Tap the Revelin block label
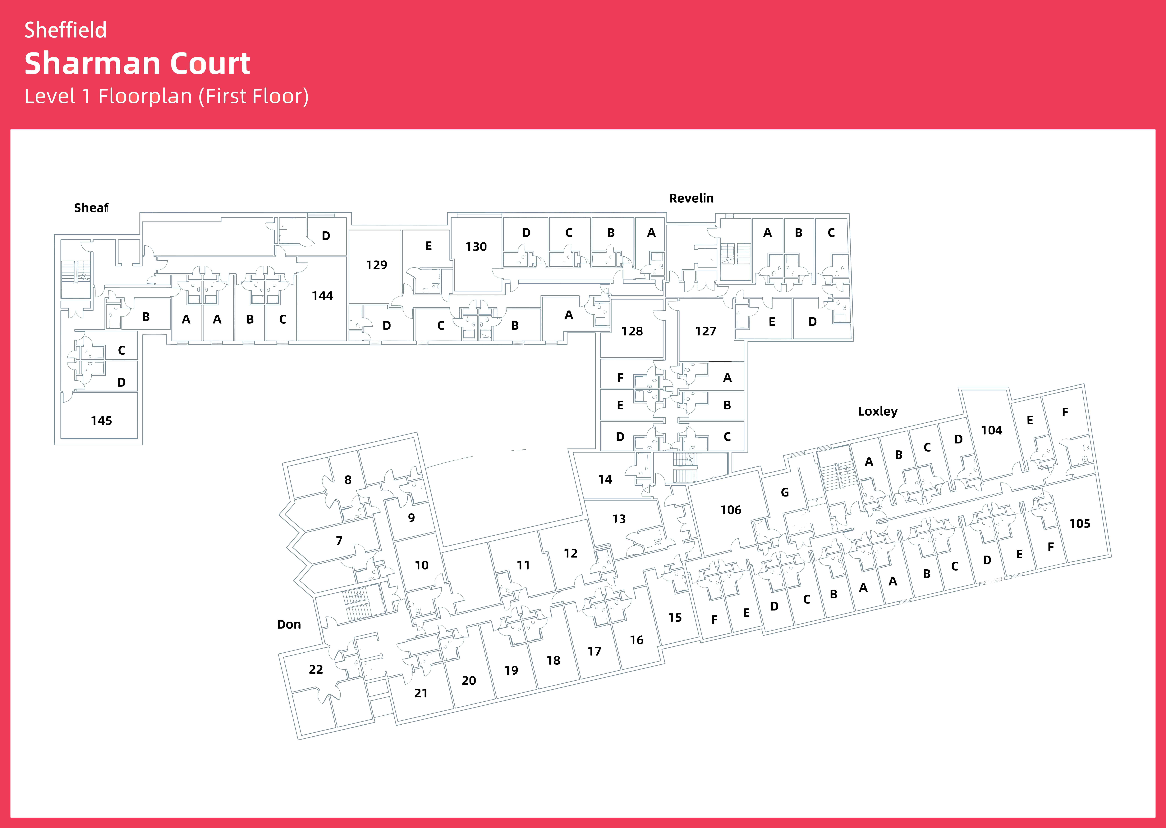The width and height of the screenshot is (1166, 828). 691,198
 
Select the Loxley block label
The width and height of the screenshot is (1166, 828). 877,412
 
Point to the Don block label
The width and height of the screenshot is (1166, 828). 289,625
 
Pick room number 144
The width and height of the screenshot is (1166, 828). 322,296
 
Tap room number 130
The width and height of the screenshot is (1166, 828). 476,247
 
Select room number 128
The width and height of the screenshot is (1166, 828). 632,331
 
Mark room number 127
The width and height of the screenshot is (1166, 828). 705,331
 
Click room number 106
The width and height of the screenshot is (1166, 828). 730,510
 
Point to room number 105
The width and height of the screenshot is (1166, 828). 1079,524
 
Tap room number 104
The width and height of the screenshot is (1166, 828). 991,430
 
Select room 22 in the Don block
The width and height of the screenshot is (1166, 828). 316,669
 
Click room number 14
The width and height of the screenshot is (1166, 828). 605,479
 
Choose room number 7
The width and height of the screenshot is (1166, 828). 339,540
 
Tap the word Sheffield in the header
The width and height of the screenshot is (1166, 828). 65,30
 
